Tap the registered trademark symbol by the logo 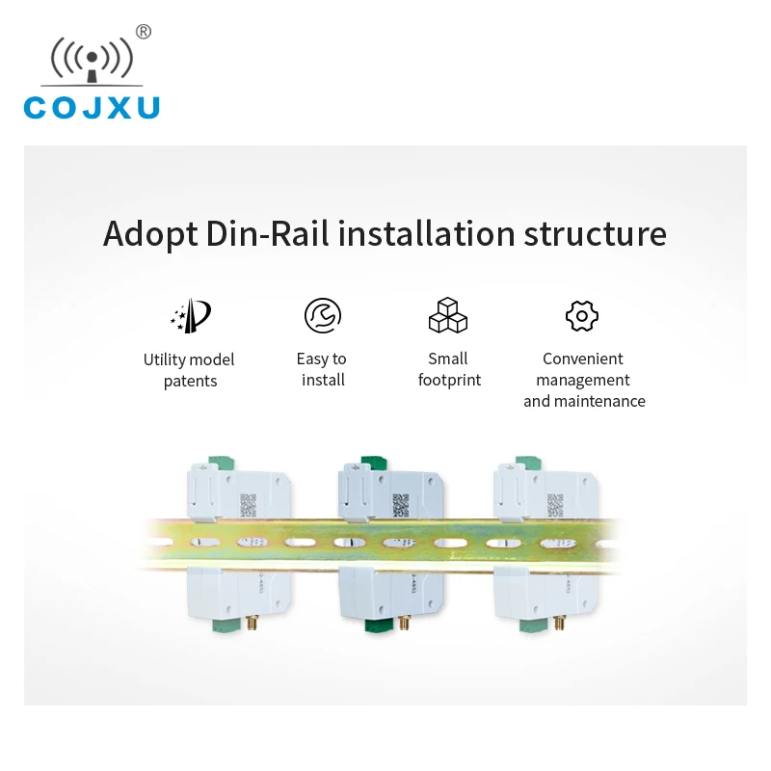point(144,32)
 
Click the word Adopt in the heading point(148,234)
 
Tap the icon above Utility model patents point(190,316)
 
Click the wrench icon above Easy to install point(322,315)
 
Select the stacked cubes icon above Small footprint point(448,315)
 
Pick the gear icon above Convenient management point(582,315)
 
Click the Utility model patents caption point(189,370)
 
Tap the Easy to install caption point(322,369)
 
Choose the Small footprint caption point(449,369)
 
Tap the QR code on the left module point(249,504)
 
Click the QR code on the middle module point(400,504)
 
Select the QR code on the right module point(555,504)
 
